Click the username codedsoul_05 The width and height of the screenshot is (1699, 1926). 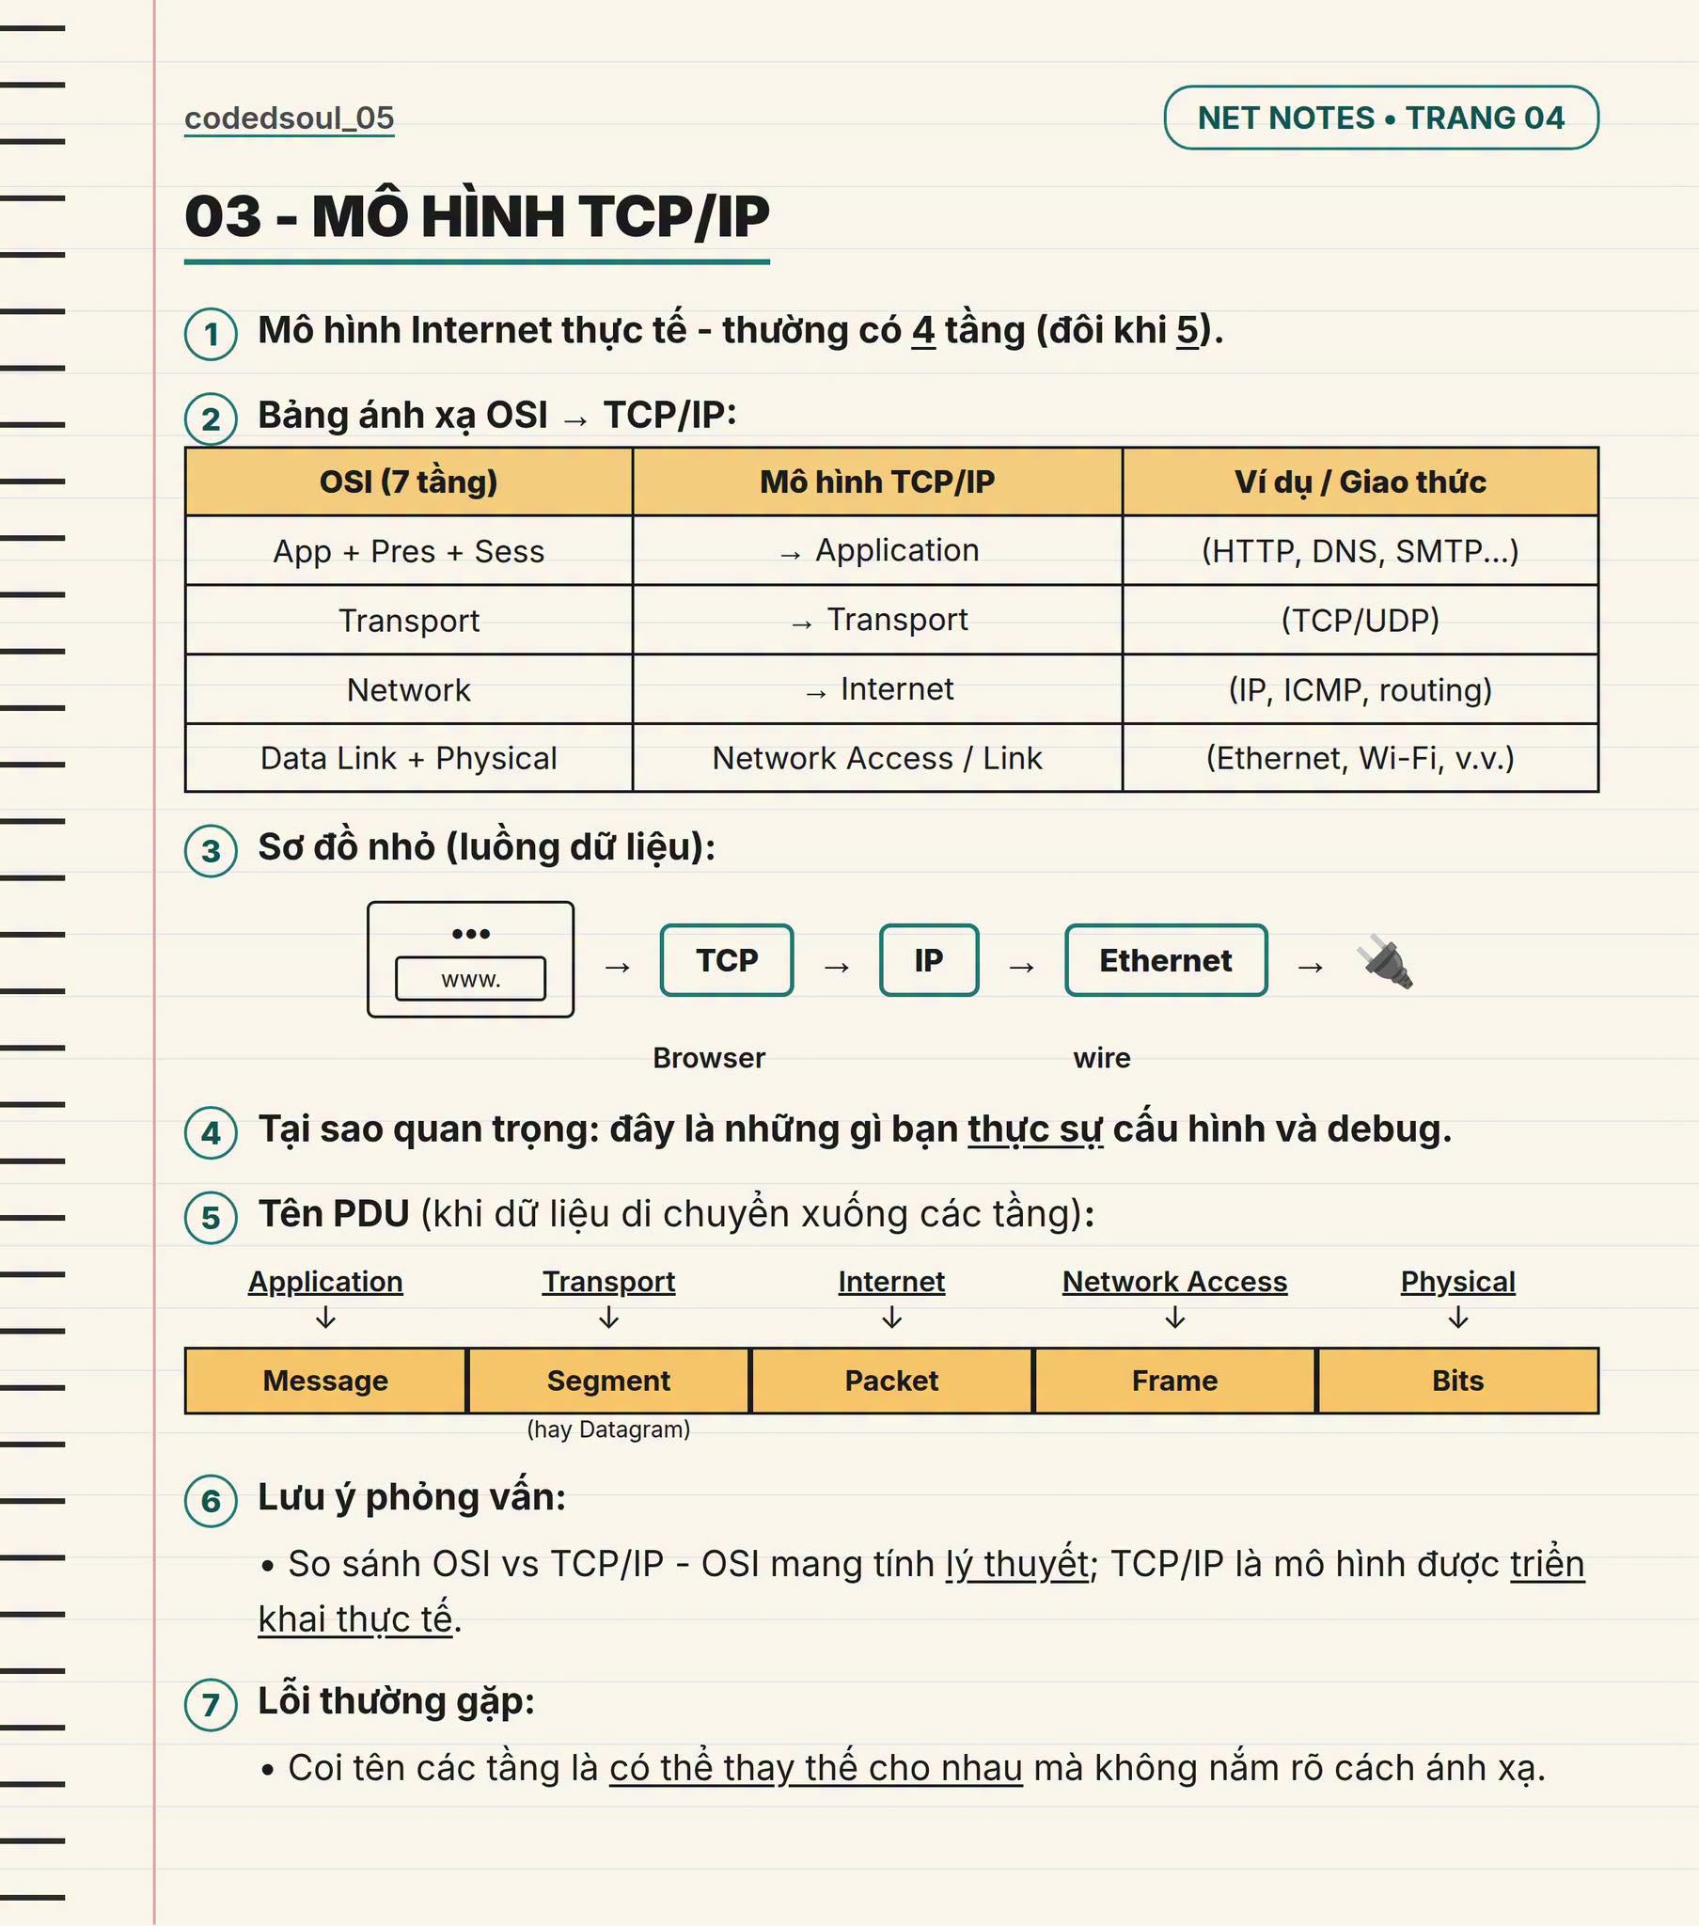pos(290,118)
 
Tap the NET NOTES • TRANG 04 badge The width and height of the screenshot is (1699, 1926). pos(1380,118)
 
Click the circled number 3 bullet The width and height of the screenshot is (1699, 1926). pos(211,851)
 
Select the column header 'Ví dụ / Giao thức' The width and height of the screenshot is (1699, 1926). pos(1360,481)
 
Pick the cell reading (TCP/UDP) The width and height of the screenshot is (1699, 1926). pos(1360,620)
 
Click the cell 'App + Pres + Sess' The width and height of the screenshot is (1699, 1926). pos(409,551)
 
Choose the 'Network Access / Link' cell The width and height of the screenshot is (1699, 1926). pos(877,759)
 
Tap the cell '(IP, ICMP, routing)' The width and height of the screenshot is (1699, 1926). pos(1360,689)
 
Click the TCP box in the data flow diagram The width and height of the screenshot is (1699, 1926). pos(727,960)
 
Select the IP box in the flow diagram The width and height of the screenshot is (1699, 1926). pos(929,960)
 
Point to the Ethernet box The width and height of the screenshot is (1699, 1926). pos(1166,960)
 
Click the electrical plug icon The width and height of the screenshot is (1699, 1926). pos(1385,961)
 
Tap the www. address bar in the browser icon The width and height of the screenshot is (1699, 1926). pos(470,979)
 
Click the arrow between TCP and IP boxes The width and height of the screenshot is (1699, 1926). pos(837,967)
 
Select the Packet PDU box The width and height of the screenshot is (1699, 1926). pos(891,1381)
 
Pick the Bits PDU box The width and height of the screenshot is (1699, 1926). pos(1457,1381)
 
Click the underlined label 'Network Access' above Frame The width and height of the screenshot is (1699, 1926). pos(1174,1282)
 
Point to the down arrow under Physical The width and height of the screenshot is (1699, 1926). pos(1457,1318)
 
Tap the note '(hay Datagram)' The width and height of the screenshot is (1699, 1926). pos(608,1429)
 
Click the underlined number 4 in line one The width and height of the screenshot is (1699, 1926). pos(923,331)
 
